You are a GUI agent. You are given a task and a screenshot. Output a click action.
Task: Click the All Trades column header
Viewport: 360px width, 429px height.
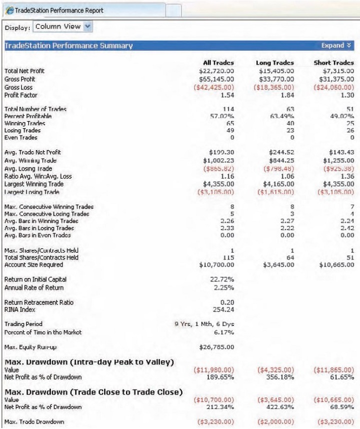tap(218, 63)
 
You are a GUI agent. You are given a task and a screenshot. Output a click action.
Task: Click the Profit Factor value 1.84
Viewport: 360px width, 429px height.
tap(286, 95)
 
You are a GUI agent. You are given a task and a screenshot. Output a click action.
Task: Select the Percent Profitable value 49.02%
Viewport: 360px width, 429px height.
tap(341, 116)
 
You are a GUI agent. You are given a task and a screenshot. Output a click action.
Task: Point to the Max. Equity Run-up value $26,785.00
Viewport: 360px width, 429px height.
tap(217, 345)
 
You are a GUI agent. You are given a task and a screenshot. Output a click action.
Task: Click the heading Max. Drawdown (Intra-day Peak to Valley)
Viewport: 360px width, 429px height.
tap(89, 362)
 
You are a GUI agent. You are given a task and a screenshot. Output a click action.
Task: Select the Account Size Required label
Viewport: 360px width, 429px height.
tap(33, 264)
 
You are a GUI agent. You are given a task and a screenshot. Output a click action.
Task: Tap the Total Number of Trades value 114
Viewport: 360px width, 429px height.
tap(229, 109)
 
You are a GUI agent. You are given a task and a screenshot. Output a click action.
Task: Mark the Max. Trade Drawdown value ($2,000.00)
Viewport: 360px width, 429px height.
tap(276, 422)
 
